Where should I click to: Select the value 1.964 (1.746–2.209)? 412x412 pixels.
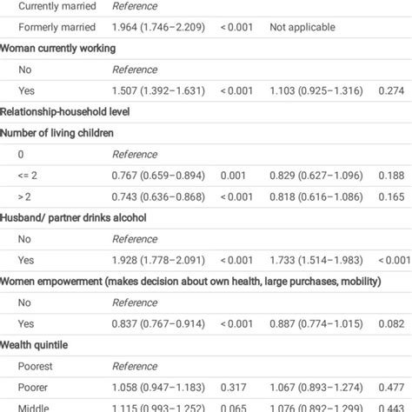160,28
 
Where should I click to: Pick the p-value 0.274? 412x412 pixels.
395,90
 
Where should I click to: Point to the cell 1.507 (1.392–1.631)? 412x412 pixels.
160,90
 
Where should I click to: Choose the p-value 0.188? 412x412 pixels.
395,174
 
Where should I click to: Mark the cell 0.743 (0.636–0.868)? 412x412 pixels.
160,196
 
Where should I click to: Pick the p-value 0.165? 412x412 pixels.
395,196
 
